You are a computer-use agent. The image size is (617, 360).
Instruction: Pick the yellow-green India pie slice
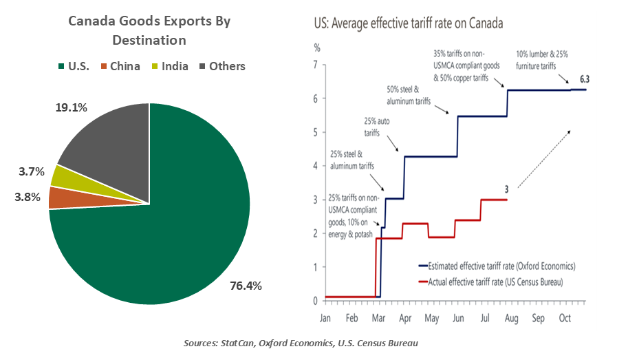pos(65,176)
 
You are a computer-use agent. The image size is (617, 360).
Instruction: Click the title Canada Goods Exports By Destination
pos(149,31)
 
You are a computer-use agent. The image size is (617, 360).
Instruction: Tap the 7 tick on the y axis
pos(317,65)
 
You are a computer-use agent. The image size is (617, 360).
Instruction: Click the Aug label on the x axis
pos(512,319)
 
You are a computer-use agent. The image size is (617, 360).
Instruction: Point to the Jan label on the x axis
pos(325,319)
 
